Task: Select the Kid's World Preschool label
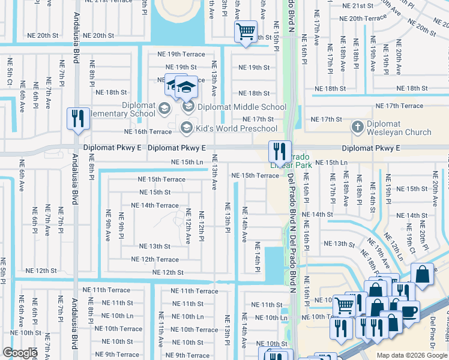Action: [237, 128]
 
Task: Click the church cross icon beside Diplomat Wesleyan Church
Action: [357, 127]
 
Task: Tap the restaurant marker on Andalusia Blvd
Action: [77, 119]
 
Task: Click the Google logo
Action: [20, 353]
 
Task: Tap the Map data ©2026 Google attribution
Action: [411, 355]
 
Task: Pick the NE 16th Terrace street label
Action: [148, 131]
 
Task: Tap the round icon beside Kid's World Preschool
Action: [187, 127]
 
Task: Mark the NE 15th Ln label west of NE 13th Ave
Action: [187, 162]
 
